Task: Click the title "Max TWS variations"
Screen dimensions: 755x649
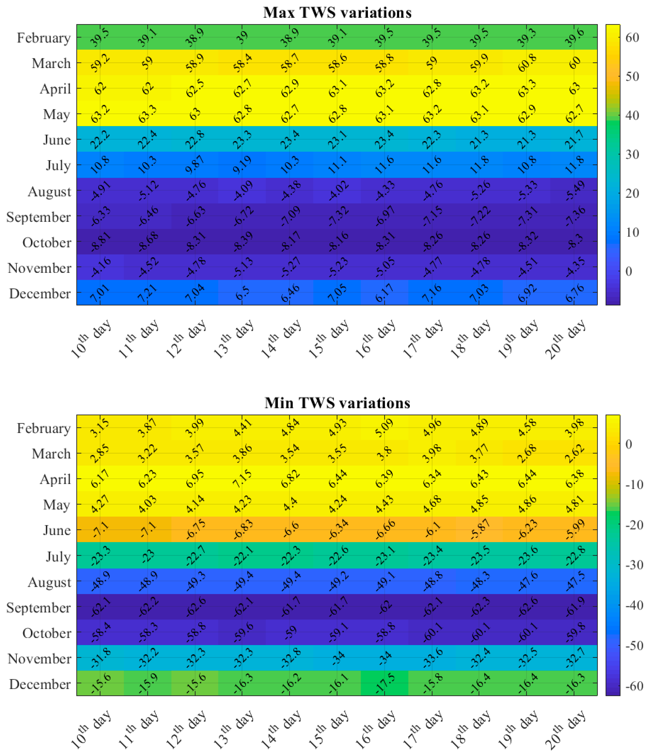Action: [337, 13]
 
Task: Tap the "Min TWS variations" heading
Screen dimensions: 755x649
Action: [337, 403]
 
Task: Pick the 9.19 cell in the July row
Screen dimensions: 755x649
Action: [242, 165]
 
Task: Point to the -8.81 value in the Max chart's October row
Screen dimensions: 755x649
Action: [100, 241]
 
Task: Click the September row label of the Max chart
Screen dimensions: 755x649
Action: [39, 217]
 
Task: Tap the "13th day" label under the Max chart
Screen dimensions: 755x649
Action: [233, 339]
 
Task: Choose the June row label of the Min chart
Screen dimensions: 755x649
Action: [57, 530]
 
